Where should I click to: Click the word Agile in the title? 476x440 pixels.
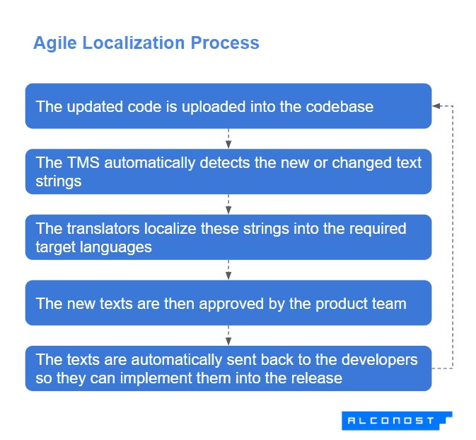point(55,43)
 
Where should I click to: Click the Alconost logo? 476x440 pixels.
point(397,420)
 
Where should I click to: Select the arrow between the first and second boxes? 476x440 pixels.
point(228,138)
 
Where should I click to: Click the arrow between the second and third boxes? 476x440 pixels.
point(228,204)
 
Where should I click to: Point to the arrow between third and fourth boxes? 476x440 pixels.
point(228,270)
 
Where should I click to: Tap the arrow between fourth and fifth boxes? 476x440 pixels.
point(228,335)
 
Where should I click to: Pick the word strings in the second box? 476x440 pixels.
point(59,181)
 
